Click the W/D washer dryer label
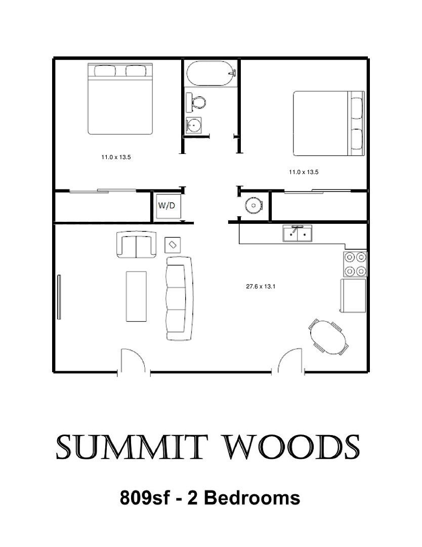[x=166, y=206]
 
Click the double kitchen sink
[x=298, y=233]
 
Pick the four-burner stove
[x=355, y=264]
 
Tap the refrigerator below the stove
[x=353, y=295]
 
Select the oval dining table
[x=328, y=337]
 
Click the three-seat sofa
[x=180, y=298]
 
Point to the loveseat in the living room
[x=136, y=245]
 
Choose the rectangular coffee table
[x=136, y=296]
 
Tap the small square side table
[x=173, y=245]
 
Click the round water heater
[x=254, y=205]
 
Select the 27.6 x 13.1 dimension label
[x=261, y=287]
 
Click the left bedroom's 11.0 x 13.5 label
[x=116, y=158]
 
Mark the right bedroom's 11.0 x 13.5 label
[x=304, y=172]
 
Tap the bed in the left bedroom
[x=120, y=99]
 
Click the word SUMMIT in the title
[x=130, y=447]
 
